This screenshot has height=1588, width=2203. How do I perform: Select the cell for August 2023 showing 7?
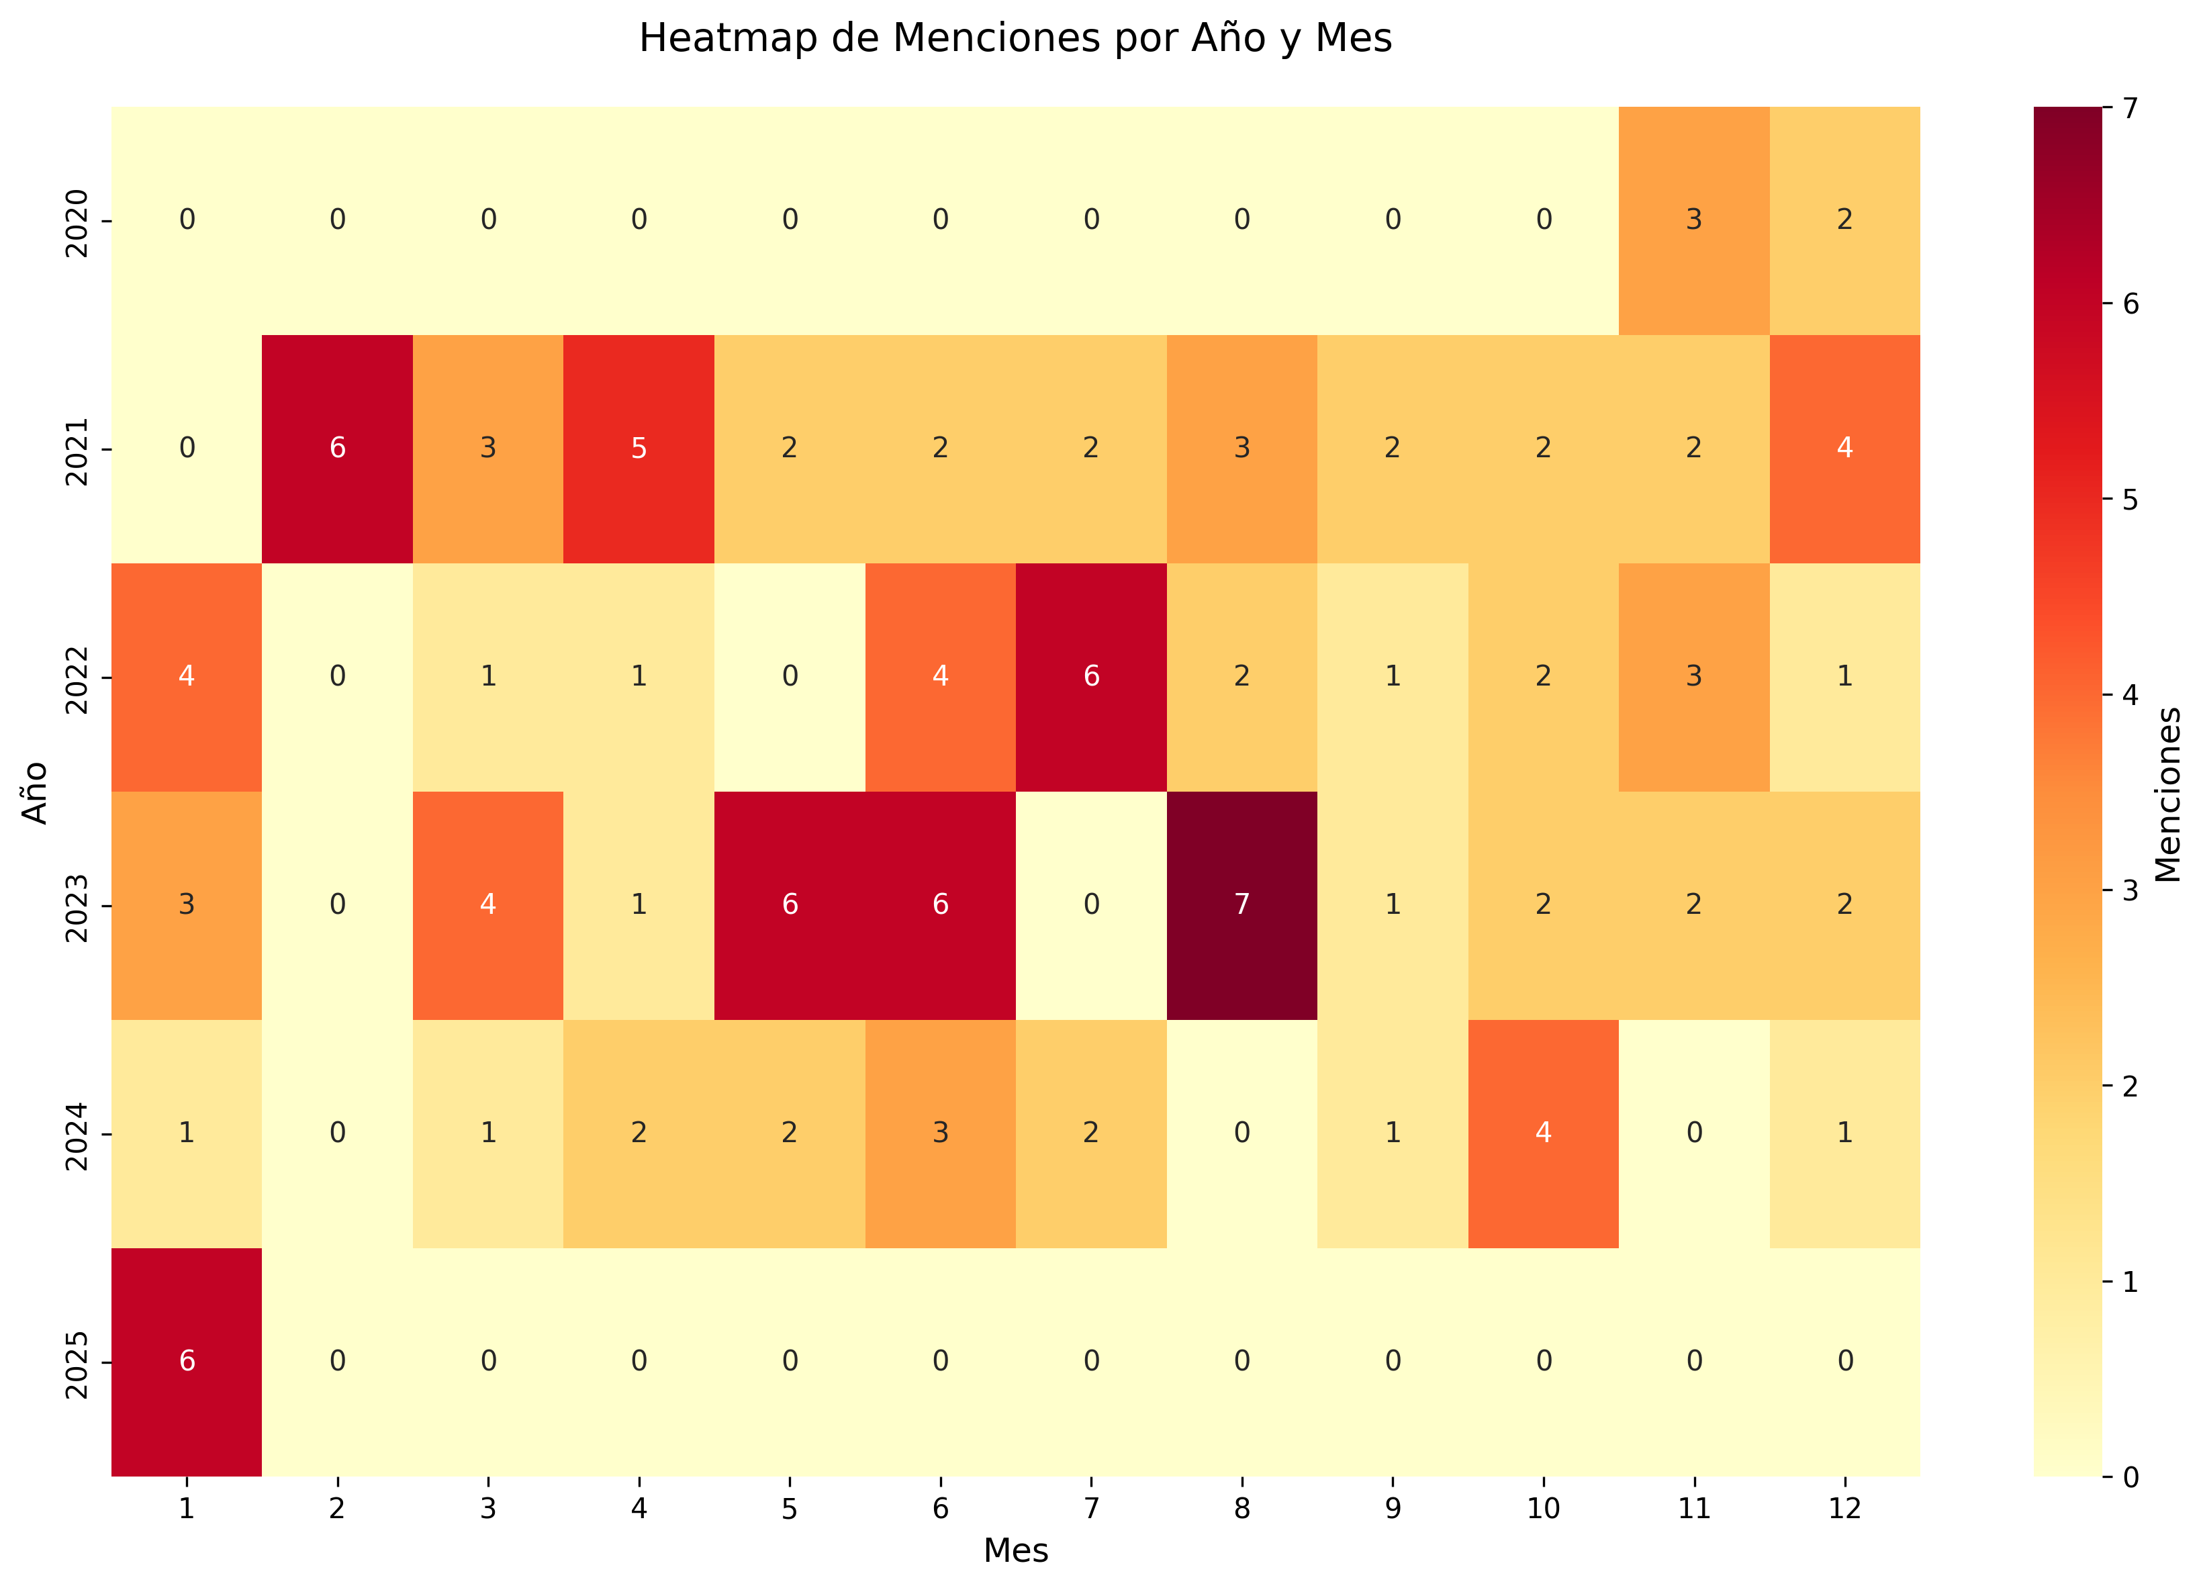(x=1241, y=904)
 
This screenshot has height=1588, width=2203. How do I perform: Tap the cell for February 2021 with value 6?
(x=337, y=448)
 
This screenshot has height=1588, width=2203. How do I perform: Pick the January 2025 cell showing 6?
(x=187, y=1361)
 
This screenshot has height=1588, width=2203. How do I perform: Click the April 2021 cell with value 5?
(x=638, y=448)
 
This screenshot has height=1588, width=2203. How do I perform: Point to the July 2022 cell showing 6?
(x=1091, y=676)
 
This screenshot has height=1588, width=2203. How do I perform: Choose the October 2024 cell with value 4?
(x=1542, y=1133)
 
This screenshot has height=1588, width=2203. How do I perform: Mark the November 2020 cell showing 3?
(x=1693, y=220)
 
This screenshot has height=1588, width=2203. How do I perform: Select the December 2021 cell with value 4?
(x=1844, y=448)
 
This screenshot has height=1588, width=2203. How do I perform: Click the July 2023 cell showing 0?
(x=1091, y=904)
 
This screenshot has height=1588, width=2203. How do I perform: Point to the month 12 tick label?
(x=1844, y=1508)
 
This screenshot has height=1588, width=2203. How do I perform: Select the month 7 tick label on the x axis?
(x=1091, y=1508)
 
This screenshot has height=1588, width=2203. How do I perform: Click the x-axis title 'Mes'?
(x=1015, y=1551)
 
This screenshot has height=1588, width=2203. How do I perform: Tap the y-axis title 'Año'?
(x=35, y=792)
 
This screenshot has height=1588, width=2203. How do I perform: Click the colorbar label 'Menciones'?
(x=2168, y=792)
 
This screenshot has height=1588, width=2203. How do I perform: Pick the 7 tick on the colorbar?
(x=2130, y=108)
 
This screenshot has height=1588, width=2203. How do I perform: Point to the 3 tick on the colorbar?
(x=2130, y=890)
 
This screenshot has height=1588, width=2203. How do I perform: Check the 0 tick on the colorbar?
(x=2130, y=1477)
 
